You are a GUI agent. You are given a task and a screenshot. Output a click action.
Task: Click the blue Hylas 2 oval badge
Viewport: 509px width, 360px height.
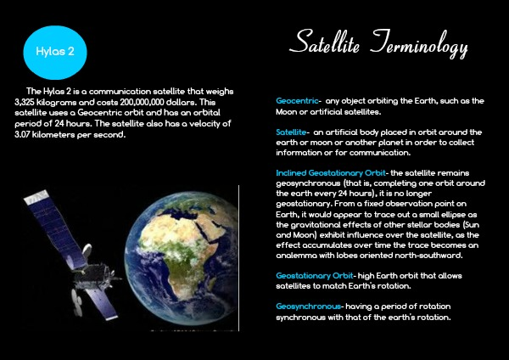point(55,53)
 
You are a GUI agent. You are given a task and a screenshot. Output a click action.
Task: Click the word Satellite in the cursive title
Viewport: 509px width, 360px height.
point(324,42)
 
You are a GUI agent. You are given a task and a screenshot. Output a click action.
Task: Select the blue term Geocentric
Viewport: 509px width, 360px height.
point(297,101)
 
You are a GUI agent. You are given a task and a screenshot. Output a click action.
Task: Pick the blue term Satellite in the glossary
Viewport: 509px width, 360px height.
point(291,132)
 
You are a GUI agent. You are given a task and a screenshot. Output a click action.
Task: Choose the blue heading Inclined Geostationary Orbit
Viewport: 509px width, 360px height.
point(331,173)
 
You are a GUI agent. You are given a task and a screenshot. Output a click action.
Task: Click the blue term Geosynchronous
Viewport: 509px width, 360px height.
point(308,307)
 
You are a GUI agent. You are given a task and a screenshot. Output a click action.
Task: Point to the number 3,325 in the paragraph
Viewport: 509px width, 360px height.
point(25,103)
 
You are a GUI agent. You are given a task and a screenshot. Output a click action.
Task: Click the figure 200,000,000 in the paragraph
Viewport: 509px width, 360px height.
point(142,103)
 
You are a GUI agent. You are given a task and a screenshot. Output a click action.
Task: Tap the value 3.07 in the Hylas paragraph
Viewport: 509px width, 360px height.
point(22,134)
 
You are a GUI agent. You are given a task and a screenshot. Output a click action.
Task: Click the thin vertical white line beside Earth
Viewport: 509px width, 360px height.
point(239,258)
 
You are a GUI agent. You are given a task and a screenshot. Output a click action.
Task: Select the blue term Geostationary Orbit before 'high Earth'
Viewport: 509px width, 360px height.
point(314,276)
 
